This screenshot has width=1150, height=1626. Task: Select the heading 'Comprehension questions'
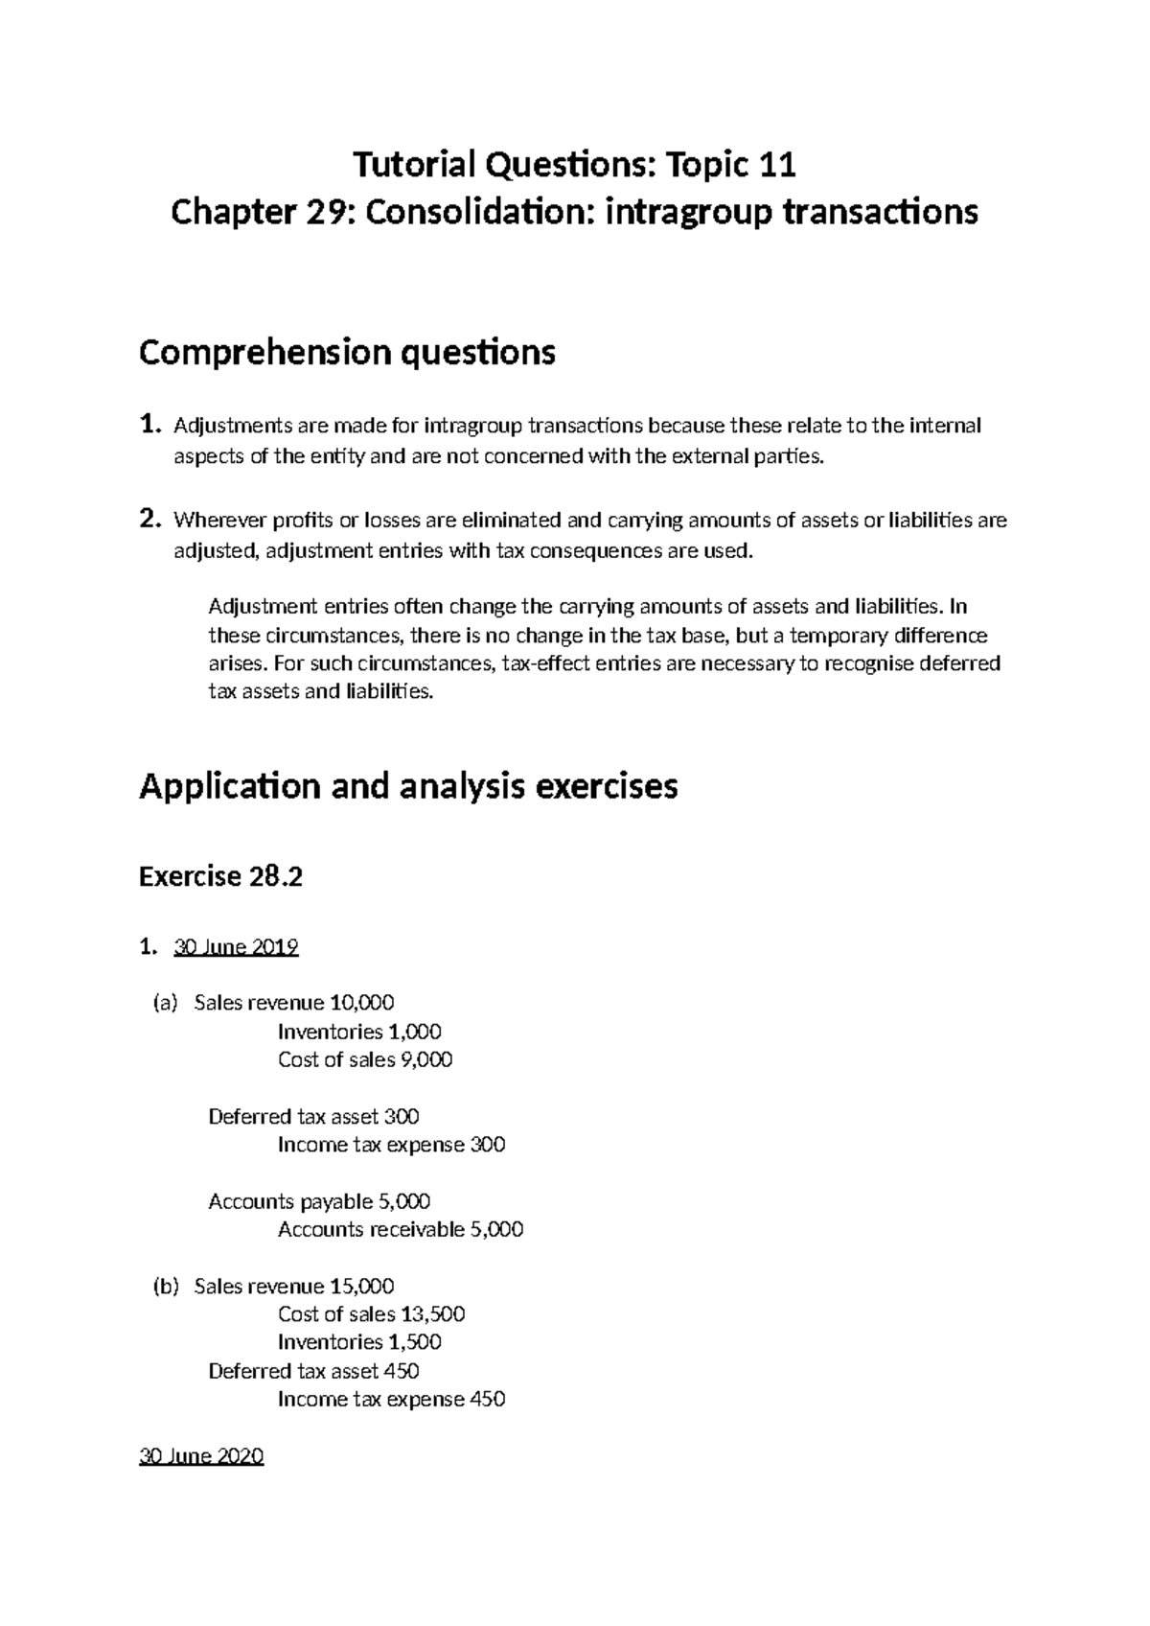(347, 353)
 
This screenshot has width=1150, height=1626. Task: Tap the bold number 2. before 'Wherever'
(149, 520)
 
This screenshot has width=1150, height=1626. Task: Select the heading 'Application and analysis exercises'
(408, 786)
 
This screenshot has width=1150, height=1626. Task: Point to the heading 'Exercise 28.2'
(220, 876)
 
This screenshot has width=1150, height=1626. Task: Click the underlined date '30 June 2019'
(236, 947)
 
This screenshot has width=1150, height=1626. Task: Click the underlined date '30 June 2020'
(201, 1456)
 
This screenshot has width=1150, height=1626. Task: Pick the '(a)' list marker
(166, 1003)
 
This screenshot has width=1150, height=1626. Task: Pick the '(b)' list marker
(166, 1286)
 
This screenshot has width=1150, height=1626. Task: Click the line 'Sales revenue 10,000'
(293, 1003)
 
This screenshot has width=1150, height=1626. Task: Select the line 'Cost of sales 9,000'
(365, 1059)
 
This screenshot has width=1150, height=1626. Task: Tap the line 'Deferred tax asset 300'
(313, 1116)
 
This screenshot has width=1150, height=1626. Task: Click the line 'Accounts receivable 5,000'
(401, 1229)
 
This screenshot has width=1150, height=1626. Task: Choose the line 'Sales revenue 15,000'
(293, 1286)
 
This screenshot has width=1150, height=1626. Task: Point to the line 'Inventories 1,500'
(359, 1342)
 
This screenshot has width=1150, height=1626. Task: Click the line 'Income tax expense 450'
(391, 1399)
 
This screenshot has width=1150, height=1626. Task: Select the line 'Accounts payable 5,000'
(319, 1201)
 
